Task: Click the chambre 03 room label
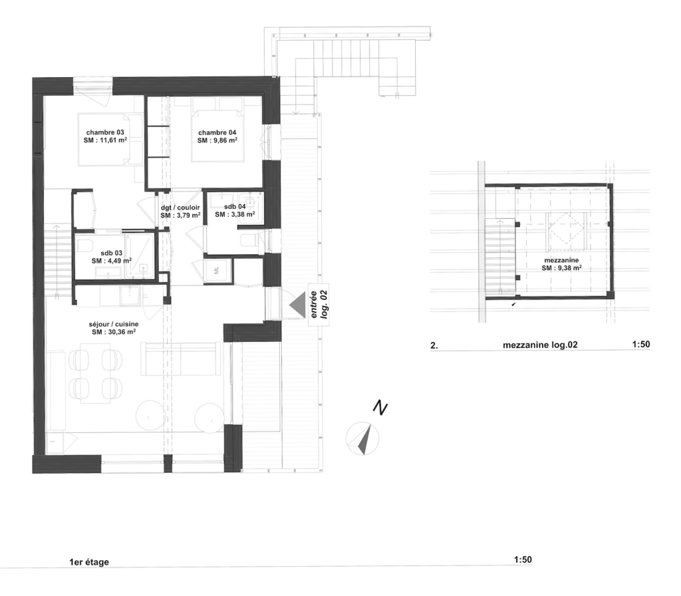(x=105, y=132)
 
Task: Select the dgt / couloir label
(x=180, y=208)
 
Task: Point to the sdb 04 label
(x=235, y=207)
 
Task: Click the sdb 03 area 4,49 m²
(x=118, y=261)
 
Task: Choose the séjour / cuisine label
(x=113, y=324)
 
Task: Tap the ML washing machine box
(x=217, y=271)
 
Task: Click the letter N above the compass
(x=380, y=408)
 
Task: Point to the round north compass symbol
(x=362, y=439)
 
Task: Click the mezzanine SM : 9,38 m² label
(x=561, y=264)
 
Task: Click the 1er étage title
(x=89, y=562)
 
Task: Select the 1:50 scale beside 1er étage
(x=523, y=560)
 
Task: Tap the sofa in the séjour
(x=181, y=359)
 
